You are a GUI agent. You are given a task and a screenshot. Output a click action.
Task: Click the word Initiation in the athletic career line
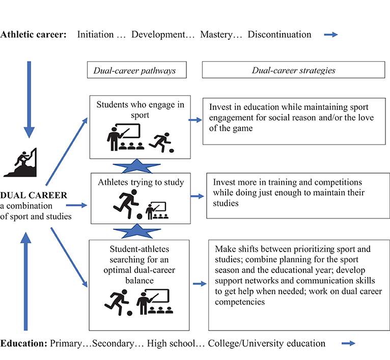[95, 35]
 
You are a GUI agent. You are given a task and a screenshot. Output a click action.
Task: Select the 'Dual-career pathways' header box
[134, 70]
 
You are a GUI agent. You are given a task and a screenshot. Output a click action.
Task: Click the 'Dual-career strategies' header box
[293, 70]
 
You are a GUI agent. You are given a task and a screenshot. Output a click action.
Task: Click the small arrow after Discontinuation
[331, 35]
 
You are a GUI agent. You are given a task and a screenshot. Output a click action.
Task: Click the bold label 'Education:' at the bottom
[24, 343]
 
